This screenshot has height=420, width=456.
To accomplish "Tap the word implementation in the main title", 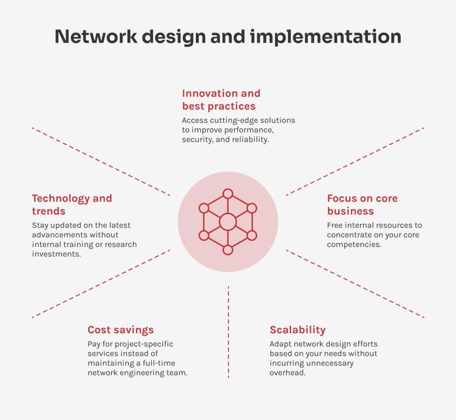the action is pos(325,37).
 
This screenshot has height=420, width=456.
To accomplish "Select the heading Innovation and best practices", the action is pos(221,99).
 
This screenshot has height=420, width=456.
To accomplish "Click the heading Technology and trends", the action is pos(72,204).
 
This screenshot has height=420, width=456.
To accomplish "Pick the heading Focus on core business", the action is pos(362,204).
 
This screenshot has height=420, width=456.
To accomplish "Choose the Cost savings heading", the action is pos(120,330).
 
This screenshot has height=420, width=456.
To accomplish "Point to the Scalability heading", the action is pos(297,330).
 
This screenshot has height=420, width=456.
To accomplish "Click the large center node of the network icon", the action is pos(228,222).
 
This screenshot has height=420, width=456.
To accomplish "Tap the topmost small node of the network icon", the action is pos(228,194).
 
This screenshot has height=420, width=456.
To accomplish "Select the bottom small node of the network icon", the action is pos(228,250).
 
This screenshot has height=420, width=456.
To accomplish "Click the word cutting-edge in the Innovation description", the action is pos(234,120).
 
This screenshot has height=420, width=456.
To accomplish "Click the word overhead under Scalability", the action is pos(287,373).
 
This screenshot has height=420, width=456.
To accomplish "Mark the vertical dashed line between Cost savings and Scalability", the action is pos(228,332).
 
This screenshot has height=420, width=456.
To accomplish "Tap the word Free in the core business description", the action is pos(335,225).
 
